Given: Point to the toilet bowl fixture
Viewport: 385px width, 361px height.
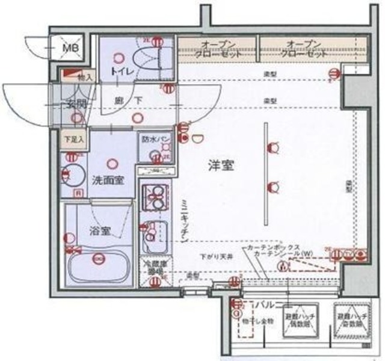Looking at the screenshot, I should [147, 60].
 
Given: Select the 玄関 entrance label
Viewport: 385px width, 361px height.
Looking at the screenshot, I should [76, 103].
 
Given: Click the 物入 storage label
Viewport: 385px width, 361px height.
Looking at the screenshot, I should [85, 77].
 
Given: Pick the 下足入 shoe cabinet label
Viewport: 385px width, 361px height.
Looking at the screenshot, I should [74, 138].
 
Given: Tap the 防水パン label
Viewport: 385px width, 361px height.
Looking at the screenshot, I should [155, 139].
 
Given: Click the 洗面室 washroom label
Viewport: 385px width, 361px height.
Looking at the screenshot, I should [108, 180].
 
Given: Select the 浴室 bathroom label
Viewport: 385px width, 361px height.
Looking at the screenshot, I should [100, 229].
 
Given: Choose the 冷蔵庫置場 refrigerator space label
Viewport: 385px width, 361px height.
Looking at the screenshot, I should [153, 267].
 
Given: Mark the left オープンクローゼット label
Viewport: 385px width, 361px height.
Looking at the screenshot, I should [218, 49].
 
